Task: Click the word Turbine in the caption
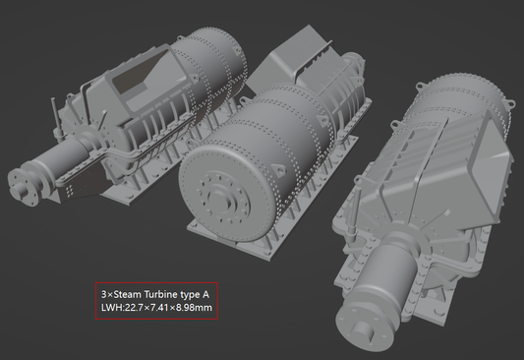163,294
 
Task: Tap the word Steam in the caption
126,294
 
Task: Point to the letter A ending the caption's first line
208,294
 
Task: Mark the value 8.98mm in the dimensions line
194,307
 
